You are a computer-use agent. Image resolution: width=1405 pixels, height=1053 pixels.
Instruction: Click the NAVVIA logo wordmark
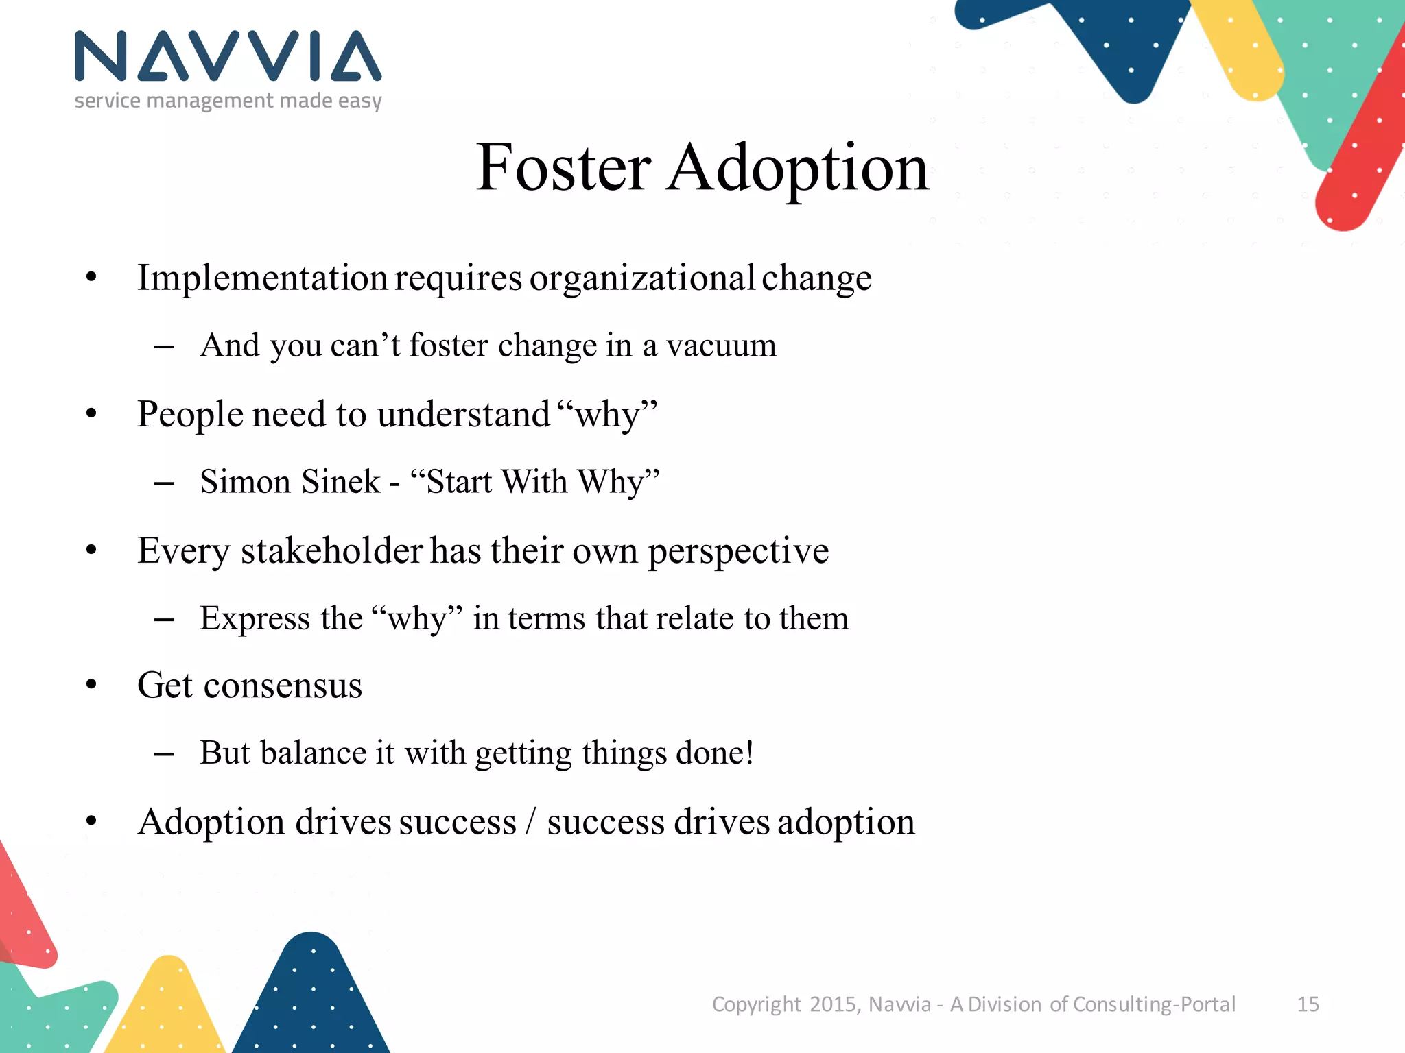pos(228,56)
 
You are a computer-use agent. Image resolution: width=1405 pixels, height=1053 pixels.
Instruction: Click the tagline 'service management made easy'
pos(228,101)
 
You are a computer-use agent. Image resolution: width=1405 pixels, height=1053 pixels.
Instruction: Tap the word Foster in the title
pos(563,167)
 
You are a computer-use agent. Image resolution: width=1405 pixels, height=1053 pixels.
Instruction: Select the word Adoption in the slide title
pos(798,167)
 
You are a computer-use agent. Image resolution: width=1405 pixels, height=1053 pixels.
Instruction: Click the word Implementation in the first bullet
pos(263,278)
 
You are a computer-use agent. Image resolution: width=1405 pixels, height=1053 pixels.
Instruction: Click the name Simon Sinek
pos(290,481)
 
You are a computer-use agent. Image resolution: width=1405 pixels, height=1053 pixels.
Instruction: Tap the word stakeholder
pos(331,550)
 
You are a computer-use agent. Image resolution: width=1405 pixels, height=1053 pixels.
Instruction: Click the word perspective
pos(738,552)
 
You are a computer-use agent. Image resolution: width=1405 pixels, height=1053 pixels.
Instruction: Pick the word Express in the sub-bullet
pos(255,618)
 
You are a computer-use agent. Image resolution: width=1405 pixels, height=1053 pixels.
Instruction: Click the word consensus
pos(283,685)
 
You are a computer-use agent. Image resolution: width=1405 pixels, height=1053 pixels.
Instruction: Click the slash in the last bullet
pos(530,821)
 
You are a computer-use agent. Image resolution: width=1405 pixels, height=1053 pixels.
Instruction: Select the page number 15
pos(1308,1004)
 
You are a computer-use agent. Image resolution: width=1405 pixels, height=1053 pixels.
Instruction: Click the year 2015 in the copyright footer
pos(833,1004)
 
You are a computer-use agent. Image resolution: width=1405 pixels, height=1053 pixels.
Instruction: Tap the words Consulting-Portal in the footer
pos(1154,1004)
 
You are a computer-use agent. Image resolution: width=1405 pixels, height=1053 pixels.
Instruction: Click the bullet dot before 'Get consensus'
pos(91,685)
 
